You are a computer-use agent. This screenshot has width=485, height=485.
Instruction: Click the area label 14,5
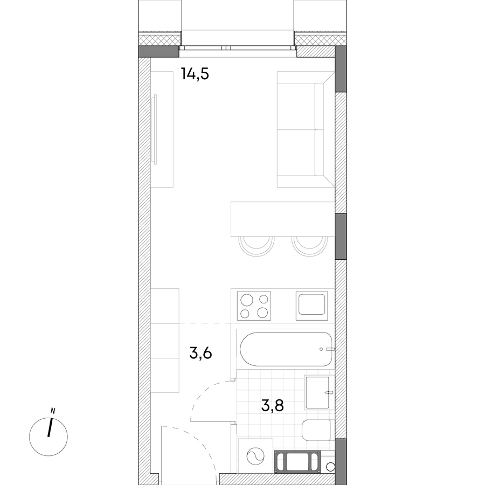pos(195,74)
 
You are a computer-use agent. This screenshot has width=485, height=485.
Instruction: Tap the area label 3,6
pos(200,353)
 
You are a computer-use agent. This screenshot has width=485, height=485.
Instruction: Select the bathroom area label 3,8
pos(273,405)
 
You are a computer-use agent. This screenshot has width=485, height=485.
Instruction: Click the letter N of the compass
pos(53,411)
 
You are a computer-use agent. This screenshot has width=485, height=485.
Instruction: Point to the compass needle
pos(49,428)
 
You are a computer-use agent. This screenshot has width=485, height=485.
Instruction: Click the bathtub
pos(286,350)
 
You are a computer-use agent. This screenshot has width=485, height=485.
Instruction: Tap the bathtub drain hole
pos(321,349)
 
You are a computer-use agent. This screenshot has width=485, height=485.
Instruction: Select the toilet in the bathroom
pos(316,430)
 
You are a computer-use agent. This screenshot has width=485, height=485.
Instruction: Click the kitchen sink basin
pos(311,305)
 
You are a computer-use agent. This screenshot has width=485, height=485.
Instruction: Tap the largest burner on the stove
pos(247,300)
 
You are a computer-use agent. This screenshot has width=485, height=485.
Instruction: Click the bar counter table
pos(283,219)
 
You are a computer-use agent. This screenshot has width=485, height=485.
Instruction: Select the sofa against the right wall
pos(306,129)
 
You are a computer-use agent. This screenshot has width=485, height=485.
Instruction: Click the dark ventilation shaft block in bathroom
pos(297,461)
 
